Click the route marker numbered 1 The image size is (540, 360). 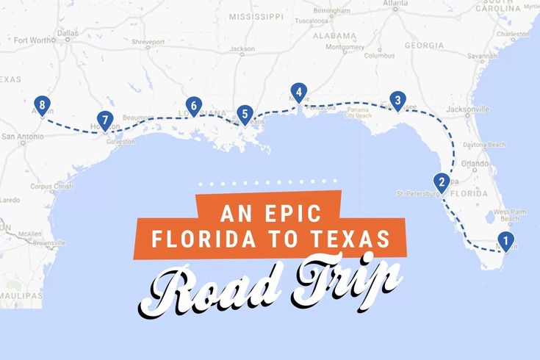click(x=505, y=240)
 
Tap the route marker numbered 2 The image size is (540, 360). click(x=441, y=181)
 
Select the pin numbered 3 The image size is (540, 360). click(x=397, y=100)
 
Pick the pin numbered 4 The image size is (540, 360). click(x=298, y=92)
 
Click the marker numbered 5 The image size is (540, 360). click(x=245, y=114)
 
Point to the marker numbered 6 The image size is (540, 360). click(x=193, y=106)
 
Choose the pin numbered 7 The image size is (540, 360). click(x=105, y=120)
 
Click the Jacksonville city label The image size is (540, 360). click(x=467, y=109)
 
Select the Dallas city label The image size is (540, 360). click(x=67, y=33)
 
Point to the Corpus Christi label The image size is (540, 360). click(x=51, y=187)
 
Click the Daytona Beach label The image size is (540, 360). click(x=484, y=145)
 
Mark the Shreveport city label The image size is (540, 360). click(x=148, y=43)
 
